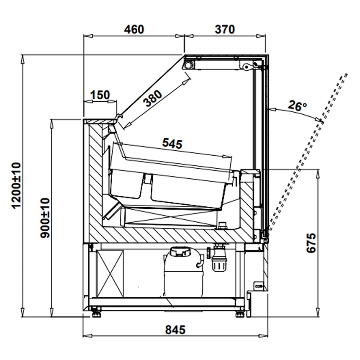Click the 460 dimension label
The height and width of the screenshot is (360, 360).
(134, 29)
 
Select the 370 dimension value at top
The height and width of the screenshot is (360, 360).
(225, 29)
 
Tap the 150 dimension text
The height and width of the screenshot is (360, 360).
(100, 95)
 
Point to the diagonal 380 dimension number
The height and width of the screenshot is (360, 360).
(153, 98)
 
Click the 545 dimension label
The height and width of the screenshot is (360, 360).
(172, 144)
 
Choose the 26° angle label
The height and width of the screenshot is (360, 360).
(297, 106)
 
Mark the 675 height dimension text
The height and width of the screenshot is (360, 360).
(311, 243)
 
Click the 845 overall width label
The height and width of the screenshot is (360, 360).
(175, 330)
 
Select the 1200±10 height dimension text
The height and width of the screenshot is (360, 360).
(16, 185)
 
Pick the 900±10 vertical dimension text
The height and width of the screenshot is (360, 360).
(45, 218)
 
